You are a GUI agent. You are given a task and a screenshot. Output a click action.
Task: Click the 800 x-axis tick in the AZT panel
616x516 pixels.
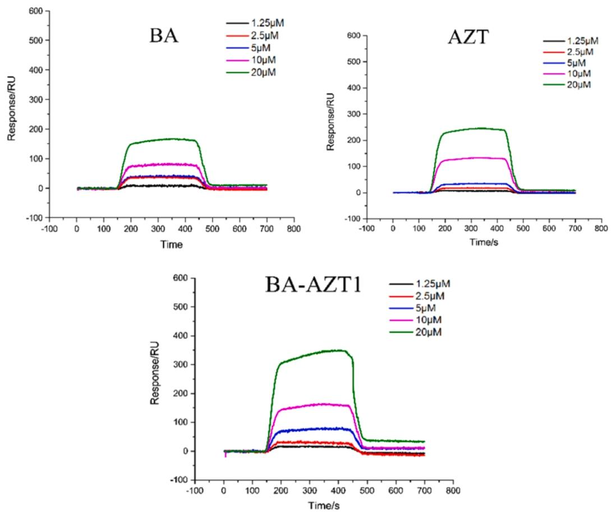click(x=601, y=229)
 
